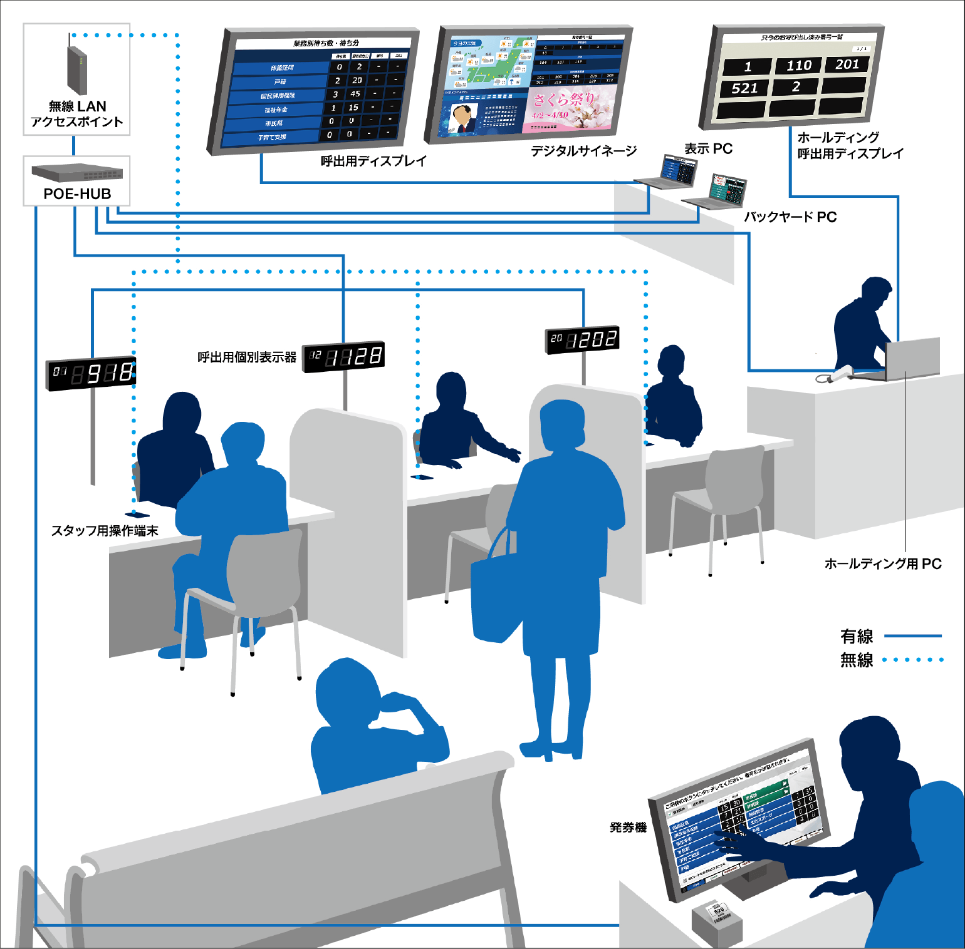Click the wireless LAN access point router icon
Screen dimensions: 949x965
pos(76,71)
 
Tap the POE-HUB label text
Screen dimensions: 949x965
pos(77,194)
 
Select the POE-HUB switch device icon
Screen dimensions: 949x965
pos(77,172)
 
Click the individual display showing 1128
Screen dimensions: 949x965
pos(343,357)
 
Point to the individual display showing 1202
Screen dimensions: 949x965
pos(583,339)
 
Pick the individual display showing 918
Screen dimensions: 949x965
pos(91,374)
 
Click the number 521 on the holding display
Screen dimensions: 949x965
pos(744,88)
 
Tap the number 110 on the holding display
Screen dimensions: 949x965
pos(798,66)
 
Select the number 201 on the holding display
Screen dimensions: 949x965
pos(847,64)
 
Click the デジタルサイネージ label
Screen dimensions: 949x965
pos(583,151)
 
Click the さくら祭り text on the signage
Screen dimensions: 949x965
pos(563,100)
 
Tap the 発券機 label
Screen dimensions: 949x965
pos(628,828)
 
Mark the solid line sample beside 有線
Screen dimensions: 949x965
pos(912,636)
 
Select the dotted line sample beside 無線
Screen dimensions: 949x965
pos(912,659)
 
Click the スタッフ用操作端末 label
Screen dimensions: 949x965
pos(105,531)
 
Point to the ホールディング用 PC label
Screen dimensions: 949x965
pos(883,564)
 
